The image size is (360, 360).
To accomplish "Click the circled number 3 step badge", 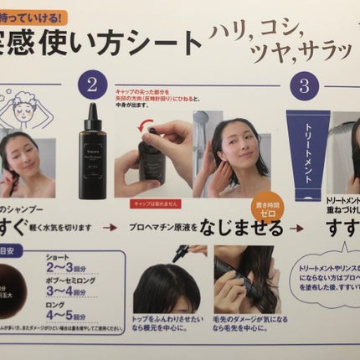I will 306,85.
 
